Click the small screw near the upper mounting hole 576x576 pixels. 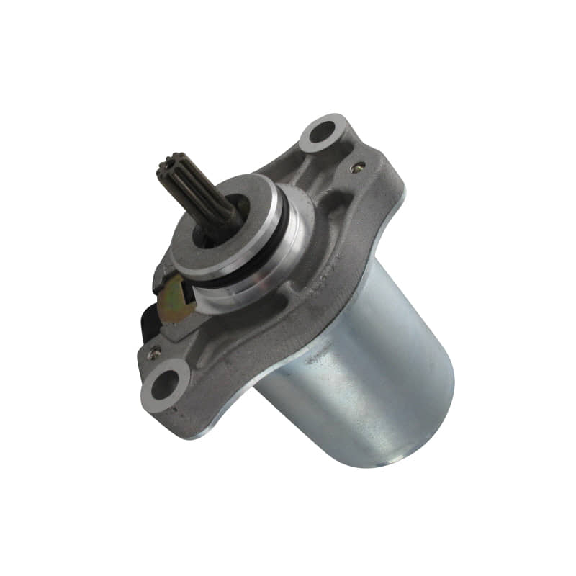[x=356, y=167]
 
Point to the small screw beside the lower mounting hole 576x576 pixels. [x=152, y=353]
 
